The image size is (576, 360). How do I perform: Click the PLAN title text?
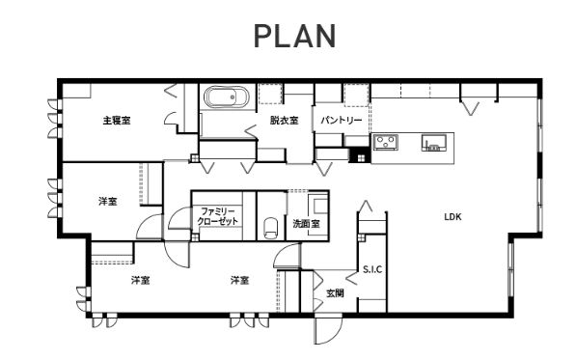click(x=295, y=36)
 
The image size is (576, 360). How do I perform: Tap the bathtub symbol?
click(x=227, y=97)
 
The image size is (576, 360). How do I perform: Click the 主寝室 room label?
click(x=117, y=120)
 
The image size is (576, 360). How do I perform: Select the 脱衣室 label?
click(x=284, y=120)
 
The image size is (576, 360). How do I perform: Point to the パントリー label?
click(x=342, y=120)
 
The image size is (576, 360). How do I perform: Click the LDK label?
click(x=453, y=217)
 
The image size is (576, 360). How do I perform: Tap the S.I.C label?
click(x=372, y=269)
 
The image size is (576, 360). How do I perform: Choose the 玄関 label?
click(x=335, y=293)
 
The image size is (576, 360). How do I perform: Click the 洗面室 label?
click(x=307, y=223)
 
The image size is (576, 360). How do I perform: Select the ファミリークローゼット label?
click(x=218, y=216)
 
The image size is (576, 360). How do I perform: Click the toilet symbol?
click(x=271, y=229)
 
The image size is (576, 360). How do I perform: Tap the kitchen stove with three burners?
click(x=386, y=142)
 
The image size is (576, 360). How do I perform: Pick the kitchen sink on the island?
click(x=434, y=143)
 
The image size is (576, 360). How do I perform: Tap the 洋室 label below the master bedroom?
click(x=108, y=202)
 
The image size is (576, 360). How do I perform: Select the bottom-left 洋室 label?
click(x=141, y=280)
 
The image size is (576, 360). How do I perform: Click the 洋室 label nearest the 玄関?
click(x=240, y=280)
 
